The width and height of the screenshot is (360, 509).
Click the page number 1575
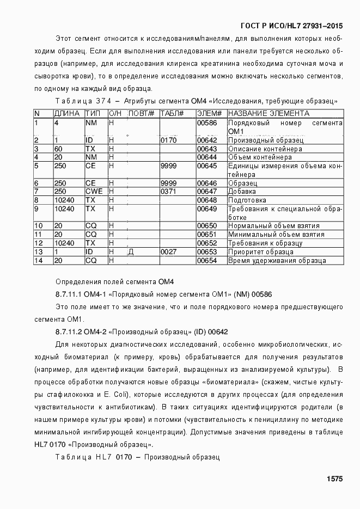(334, 479)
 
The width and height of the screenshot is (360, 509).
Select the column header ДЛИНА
(66, 113)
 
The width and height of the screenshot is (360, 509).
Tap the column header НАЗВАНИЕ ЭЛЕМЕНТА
(269, 113)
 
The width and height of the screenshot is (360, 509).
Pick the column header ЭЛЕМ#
(209, 113)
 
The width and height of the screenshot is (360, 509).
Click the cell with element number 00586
(206, 123)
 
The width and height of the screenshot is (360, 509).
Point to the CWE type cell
(94, 192)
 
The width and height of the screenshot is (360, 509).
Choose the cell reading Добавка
(242, 192)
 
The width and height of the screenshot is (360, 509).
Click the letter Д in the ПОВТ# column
(131, 252)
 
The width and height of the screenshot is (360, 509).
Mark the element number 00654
(206, 261)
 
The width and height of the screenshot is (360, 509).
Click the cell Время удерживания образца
(277, 261)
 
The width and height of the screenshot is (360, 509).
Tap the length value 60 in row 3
(58, 149)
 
